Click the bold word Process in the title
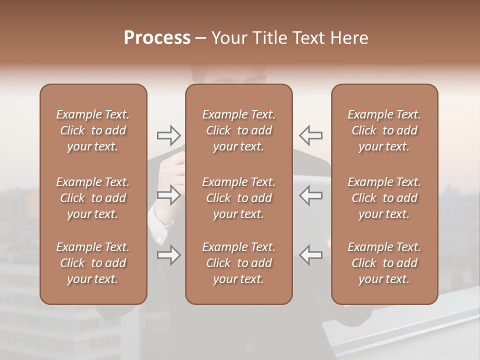157,37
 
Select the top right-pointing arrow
169,135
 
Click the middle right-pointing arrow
169,195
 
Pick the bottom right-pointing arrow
169,255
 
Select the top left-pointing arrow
310,135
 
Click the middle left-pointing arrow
310,195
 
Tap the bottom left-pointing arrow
310,255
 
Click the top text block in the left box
93,130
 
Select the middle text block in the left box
93,198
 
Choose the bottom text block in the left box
93,263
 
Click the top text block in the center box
239,130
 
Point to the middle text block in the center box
239,198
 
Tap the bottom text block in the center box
239,263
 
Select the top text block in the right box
384,130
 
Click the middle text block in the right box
384,198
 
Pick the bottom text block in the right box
384,263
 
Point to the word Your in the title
229,37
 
